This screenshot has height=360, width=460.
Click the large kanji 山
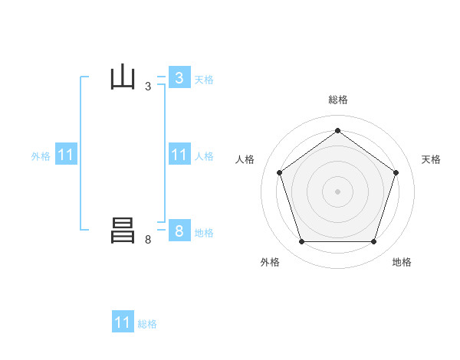(123, 78)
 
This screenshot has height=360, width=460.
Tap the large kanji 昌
(123, 231)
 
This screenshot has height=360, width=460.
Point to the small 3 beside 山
(148, 87)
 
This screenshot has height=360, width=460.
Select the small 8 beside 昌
(148, 240)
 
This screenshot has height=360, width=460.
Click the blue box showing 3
(179, 78)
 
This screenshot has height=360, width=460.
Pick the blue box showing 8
(179, 231)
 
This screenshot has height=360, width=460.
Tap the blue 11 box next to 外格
(66, 155)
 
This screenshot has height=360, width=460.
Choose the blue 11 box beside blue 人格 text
(179, 155)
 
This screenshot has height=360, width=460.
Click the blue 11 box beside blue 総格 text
(123, 322)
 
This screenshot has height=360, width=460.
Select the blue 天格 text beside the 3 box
(204, 79)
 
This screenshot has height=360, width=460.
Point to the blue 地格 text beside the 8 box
(204, 232)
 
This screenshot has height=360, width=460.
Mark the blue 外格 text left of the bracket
(41, 156)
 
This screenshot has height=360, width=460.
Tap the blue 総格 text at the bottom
(147, 324)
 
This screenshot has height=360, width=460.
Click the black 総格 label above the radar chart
(337, 100)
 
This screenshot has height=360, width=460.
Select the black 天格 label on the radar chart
(431, 159)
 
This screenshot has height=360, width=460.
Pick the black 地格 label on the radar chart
(402, 262)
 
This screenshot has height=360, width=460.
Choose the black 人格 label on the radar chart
(245, 159)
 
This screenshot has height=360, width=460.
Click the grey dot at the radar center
(337, 190)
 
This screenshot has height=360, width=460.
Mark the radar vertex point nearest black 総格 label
(337, 130)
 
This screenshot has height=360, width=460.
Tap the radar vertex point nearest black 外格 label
(301, 242)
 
